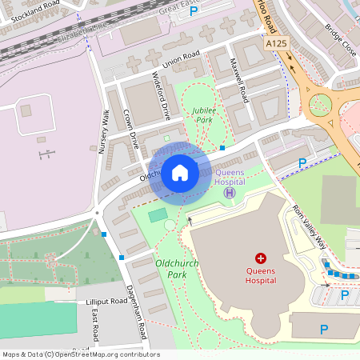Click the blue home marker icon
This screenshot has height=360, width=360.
[180, 173]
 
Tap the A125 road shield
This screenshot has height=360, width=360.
[276, 43]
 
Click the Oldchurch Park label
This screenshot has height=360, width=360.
[177, 268]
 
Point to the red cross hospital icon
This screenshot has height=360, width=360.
[260, 258]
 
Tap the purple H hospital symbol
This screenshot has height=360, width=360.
[230, 192]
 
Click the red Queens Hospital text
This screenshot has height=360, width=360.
[260, 275]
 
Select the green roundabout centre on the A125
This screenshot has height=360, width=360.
[320, 103]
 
